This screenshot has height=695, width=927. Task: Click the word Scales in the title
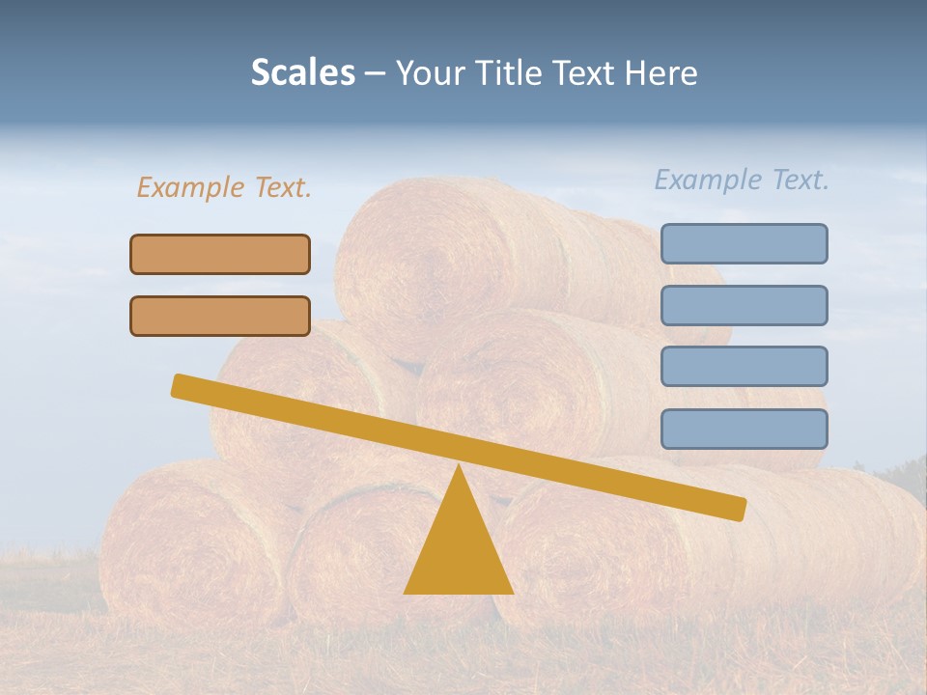click(302, 73)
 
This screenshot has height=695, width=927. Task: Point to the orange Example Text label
click(224, 187)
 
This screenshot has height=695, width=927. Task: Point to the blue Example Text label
click(742, 180)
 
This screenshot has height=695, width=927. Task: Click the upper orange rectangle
click(220, 254)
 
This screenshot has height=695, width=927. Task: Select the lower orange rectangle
click(220, 316)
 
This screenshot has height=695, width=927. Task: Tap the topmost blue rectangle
click(744, 243)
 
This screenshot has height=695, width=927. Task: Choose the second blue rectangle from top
click(744, 305)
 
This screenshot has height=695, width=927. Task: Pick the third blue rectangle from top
click(744, 367)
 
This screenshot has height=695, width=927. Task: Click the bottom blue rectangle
click(744, 429)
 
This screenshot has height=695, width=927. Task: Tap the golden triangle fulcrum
click(458, 550)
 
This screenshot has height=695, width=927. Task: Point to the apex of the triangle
click(458, 468)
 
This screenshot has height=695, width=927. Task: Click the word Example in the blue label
click(709, 180)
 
